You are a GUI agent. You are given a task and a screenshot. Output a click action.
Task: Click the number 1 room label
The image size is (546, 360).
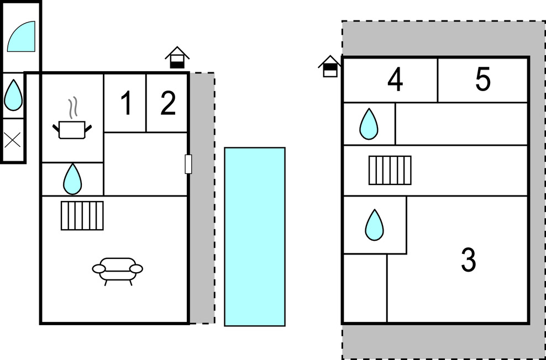pos(126,103)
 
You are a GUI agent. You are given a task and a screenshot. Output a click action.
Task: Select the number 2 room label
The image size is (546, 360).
pos(168,103)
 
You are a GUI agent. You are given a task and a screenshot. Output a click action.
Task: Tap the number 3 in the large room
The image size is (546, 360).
pos(468,260)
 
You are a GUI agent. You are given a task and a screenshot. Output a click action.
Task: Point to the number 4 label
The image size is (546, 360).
pos(395,81)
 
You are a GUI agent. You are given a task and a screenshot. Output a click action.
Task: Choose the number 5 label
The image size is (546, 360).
pos(482,81)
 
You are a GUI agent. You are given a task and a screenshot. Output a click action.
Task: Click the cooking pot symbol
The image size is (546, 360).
pos(72,130)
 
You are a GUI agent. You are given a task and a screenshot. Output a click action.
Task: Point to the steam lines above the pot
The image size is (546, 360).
pos(72,106)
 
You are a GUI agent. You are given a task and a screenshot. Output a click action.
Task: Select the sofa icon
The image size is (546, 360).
pos(117,269)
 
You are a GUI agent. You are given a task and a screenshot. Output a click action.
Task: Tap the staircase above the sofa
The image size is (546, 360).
pos(82,215)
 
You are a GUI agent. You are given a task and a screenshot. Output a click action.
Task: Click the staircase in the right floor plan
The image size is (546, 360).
pos(390,170)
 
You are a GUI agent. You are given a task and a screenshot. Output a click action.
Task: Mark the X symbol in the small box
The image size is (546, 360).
pos(13,140)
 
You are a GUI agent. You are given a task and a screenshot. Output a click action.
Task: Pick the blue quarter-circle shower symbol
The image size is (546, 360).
pos(23,37)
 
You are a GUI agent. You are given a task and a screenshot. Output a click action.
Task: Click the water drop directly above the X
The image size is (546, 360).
pos(13,95)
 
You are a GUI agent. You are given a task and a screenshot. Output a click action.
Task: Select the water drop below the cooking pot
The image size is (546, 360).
pos(72,179)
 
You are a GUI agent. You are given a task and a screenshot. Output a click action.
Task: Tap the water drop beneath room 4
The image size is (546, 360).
pos(369,124)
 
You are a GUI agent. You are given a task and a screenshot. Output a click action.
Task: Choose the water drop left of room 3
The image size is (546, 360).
pos(374,225)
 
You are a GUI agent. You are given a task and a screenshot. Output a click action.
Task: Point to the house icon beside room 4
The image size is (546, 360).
pos(330,66)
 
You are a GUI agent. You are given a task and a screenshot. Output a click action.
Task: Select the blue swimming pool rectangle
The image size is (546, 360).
pos(255,236)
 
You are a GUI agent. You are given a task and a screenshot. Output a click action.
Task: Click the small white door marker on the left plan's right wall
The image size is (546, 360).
pos(188,164)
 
